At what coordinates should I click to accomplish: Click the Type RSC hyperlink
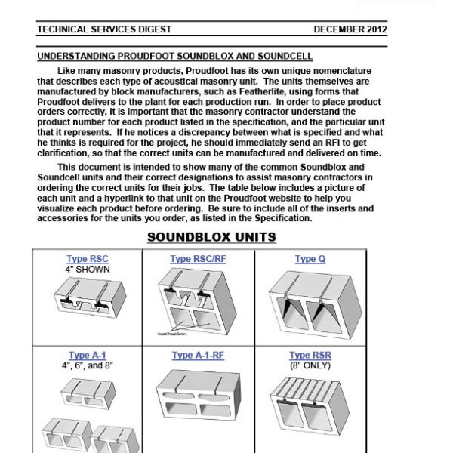[88, 259]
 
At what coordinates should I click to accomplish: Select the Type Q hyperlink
[310, 259]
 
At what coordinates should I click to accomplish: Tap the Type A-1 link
[88, 356]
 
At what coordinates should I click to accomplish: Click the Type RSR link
[310, 356]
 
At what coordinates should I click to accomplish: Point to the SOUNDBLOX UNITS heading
[211, 237]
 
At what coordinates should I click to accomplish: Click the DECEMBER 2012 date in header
[350, 29]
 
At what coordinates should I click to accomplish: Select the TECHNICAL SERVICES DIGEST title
[104, 29]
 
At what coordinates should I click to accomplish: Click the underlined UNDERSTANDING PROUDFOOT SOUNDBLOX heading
[174, 57]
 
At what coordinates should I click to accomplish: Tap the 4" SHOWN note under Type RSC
[88, 268]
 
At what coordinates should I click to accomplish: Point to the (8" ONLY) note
[310, 365]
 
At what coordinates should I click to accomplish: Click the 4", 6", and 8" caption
[88, 365]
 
